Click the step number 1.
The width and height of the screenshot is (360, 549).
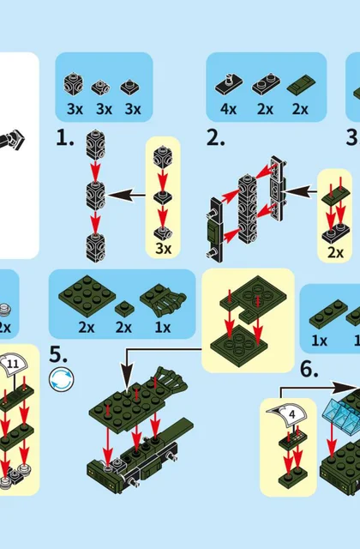65,138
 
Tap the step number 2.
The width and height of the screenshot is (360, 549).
216,138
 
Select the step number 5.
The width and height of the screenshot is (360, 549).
58,354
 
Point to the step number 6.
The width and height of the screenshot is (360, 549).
309,370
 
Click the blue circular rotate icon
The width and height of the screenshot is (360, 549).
62,379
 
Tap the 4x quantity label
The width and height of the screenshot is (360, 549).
228,109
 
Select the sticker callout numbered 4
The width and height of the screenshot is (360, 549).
291,414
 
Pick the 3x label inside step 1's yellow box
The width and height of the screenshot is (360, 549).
164,249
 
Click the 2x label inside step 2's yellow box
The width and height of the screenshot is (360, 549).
335,252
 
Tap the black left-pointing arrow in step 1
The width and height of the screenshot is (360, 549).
126,195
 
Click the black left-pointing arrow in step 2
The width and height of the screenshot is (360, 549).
298,191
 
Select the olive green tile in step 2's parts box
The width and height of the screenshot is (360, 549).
301,84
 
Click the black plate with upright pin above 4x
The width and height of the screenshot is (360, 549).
229,84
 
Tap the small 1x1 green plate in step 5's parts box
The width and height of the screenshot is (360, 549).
124,307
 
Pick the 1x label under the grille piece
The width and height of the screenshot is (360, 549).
163,328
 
